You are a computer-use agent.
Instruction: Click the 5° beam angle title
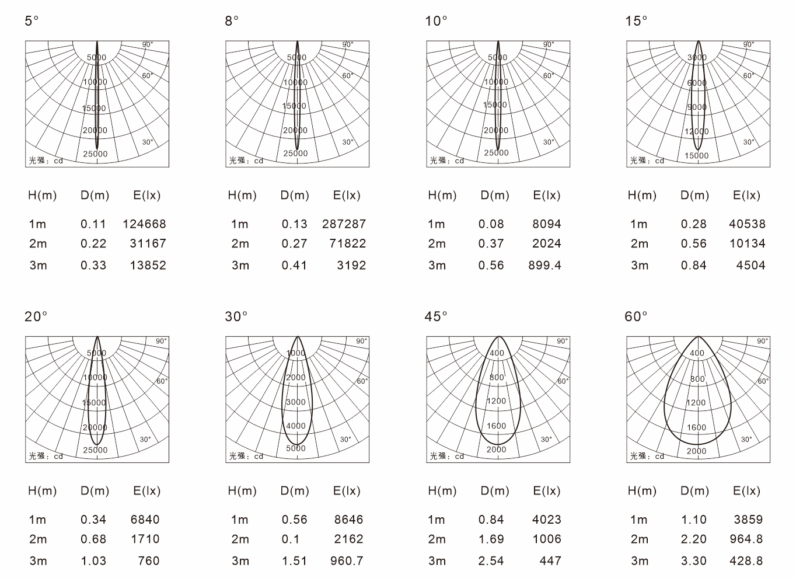[32, 21]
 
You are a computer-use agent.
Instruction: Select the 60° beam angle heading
[636, 316]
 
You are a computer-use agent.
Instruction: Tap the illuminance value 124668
[144, 224]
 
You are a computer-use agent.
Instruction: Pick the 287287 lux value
[344, 224]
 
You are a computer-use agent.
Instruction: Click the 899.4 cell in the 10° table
[544, 265]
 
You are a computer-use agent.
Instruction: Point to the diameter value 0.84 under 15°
[694, 265]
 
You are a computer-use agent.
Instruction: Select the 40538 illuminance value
[748, 224]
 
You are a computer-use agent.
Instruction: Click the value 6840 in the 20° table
[145, 520]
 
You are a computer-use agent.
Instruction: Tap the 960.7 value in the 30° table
[347, 561]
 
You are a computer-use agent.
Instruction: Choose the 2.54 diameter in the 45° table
[491, 561]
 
